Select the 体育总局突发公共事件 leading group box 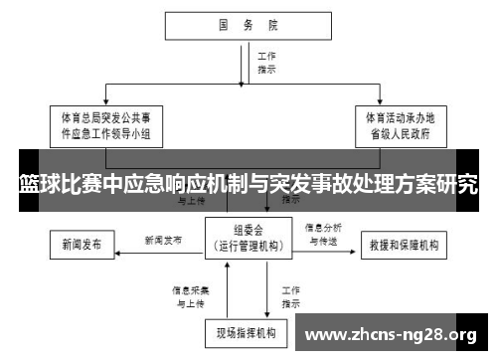(106, 125)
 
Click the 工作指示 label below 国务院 (266, 64)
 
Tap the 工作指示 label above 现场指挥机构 (290, 295)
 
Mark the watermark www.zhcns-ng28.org (394, 334)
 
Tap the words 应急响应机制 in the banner (171, 184)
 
